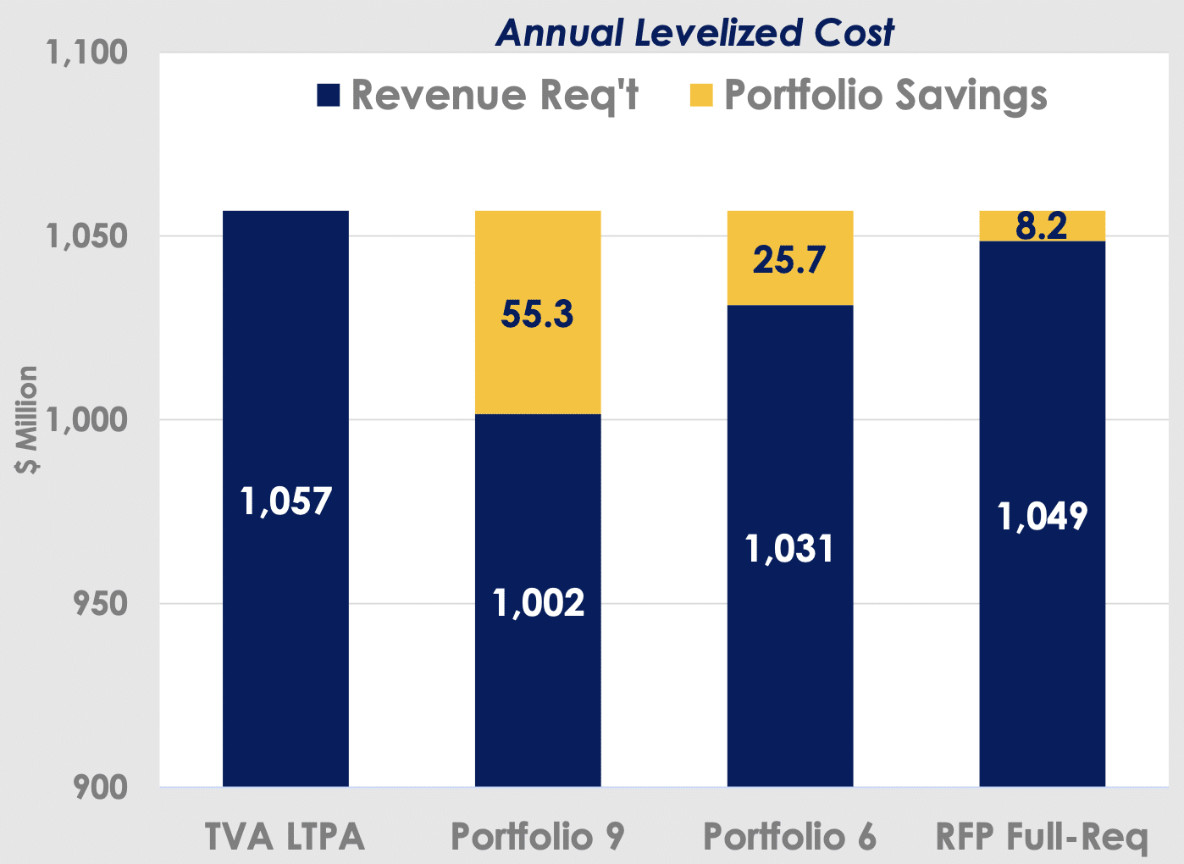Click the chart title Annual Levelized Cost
(x=694, y=32)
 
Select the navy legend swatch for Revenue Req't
(x=329, y=95)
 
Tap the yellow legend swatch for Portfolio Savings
(x=701, y=95)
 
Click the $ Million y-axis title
(x=28, y=420)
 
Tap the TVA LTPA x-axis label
(x=285, y=837)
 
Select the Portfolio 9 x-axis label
(x=537, y=837)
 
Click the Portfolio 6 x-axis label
(x=789, y=837)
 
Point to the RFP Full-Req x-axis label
(x=1042, y=837)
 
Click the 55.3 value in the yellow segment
(x=537, y=314)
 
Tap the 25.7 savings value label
(x=789, y=259)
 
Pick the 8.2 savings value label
(x=1042, y=226)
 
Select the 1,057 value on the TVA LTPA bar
(x=285, y=501)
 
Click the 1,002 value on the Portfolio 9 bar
(x=538, y=602)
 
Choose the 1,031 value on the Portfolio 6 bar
(x=789, y=549)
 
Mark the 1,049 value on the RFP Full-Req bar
(x=1042, y=516)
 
